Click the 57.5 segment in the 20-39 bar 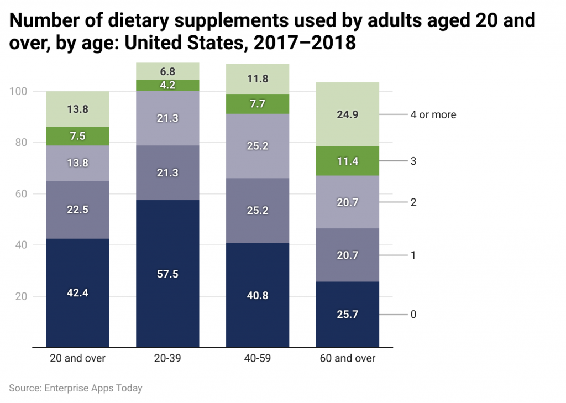tap(167, 274)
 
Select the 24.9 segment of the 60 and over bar tap(348, 114)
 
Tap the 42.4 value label tap(77, 293)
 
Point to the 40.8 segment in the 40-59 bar tap(258, 295)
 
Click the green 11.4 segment tap(348, 161)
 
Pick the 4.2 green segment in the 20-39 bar tap(167, 86)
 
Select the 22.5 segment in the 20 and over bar tap(77, 210)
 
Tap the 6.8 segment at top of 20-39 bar tap(167, 71)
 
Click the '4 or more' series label tap(433, 115)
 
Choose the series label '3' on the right tap(413, 161)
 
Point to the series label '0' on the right tap(413, 315)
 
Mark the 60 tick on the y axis tap(22, 194)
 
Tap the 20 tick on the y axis tap(22, 296)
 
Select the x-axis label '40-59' tap(258, 358)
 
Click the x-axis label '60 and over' tap(348, 358)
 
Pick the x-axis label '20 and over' tap(77, 358)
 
